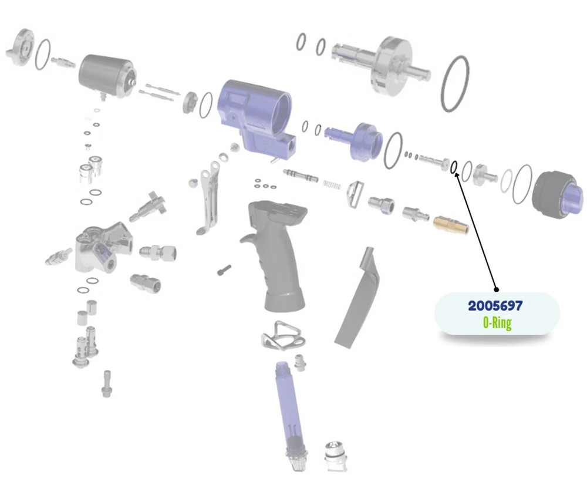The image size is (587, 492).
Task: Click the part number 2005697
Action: [x=495, y=305]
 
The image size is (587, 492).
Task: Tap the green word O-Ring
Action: [x=497, y=322]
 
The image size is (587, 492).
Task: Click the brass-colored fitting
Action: [x=451, y=224]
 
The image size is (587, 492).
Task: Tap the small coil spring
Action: [x=332, y=184]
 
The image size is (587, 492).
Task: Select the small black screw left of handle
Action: [x=224, y=270]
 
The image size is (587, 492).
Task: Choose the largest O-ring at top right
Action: [x=455, y=83]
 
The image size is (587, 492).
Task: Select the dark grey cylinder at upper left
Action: [x=106, y=76]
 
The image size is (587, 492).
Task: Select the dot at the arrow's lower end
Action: [x=497, y=289]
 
